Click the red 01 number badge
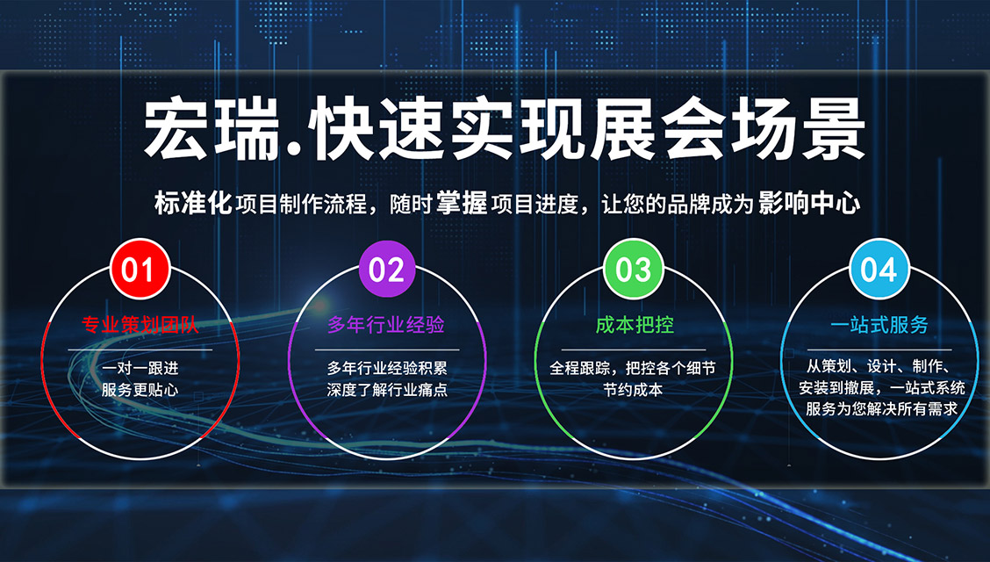(140, 270)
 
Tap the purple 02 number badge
(386, 270)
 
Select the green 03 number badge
(634, 270)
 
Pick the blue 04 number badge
(879, 270)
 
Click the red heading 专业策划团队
(140, 325)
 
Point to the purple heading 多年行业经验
(386, 325)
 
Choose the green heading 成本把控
(635, 325)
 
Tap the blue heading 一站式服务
(879, 325)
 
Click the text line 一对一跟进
(140, 368)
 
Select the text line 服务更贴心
(140, 390)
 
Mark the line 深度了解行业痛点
(387, 390)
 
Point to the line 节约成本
(634, 390)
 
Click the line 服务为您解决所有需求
(881, 408)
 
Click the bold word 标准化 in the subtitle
(193, 204)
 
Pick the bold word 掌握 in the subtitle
(462, 204)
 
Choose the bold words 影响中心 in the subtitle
(809, 204)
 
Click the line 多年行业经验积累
(387, 368)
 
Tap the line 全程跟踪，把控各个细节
(634, 368)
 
